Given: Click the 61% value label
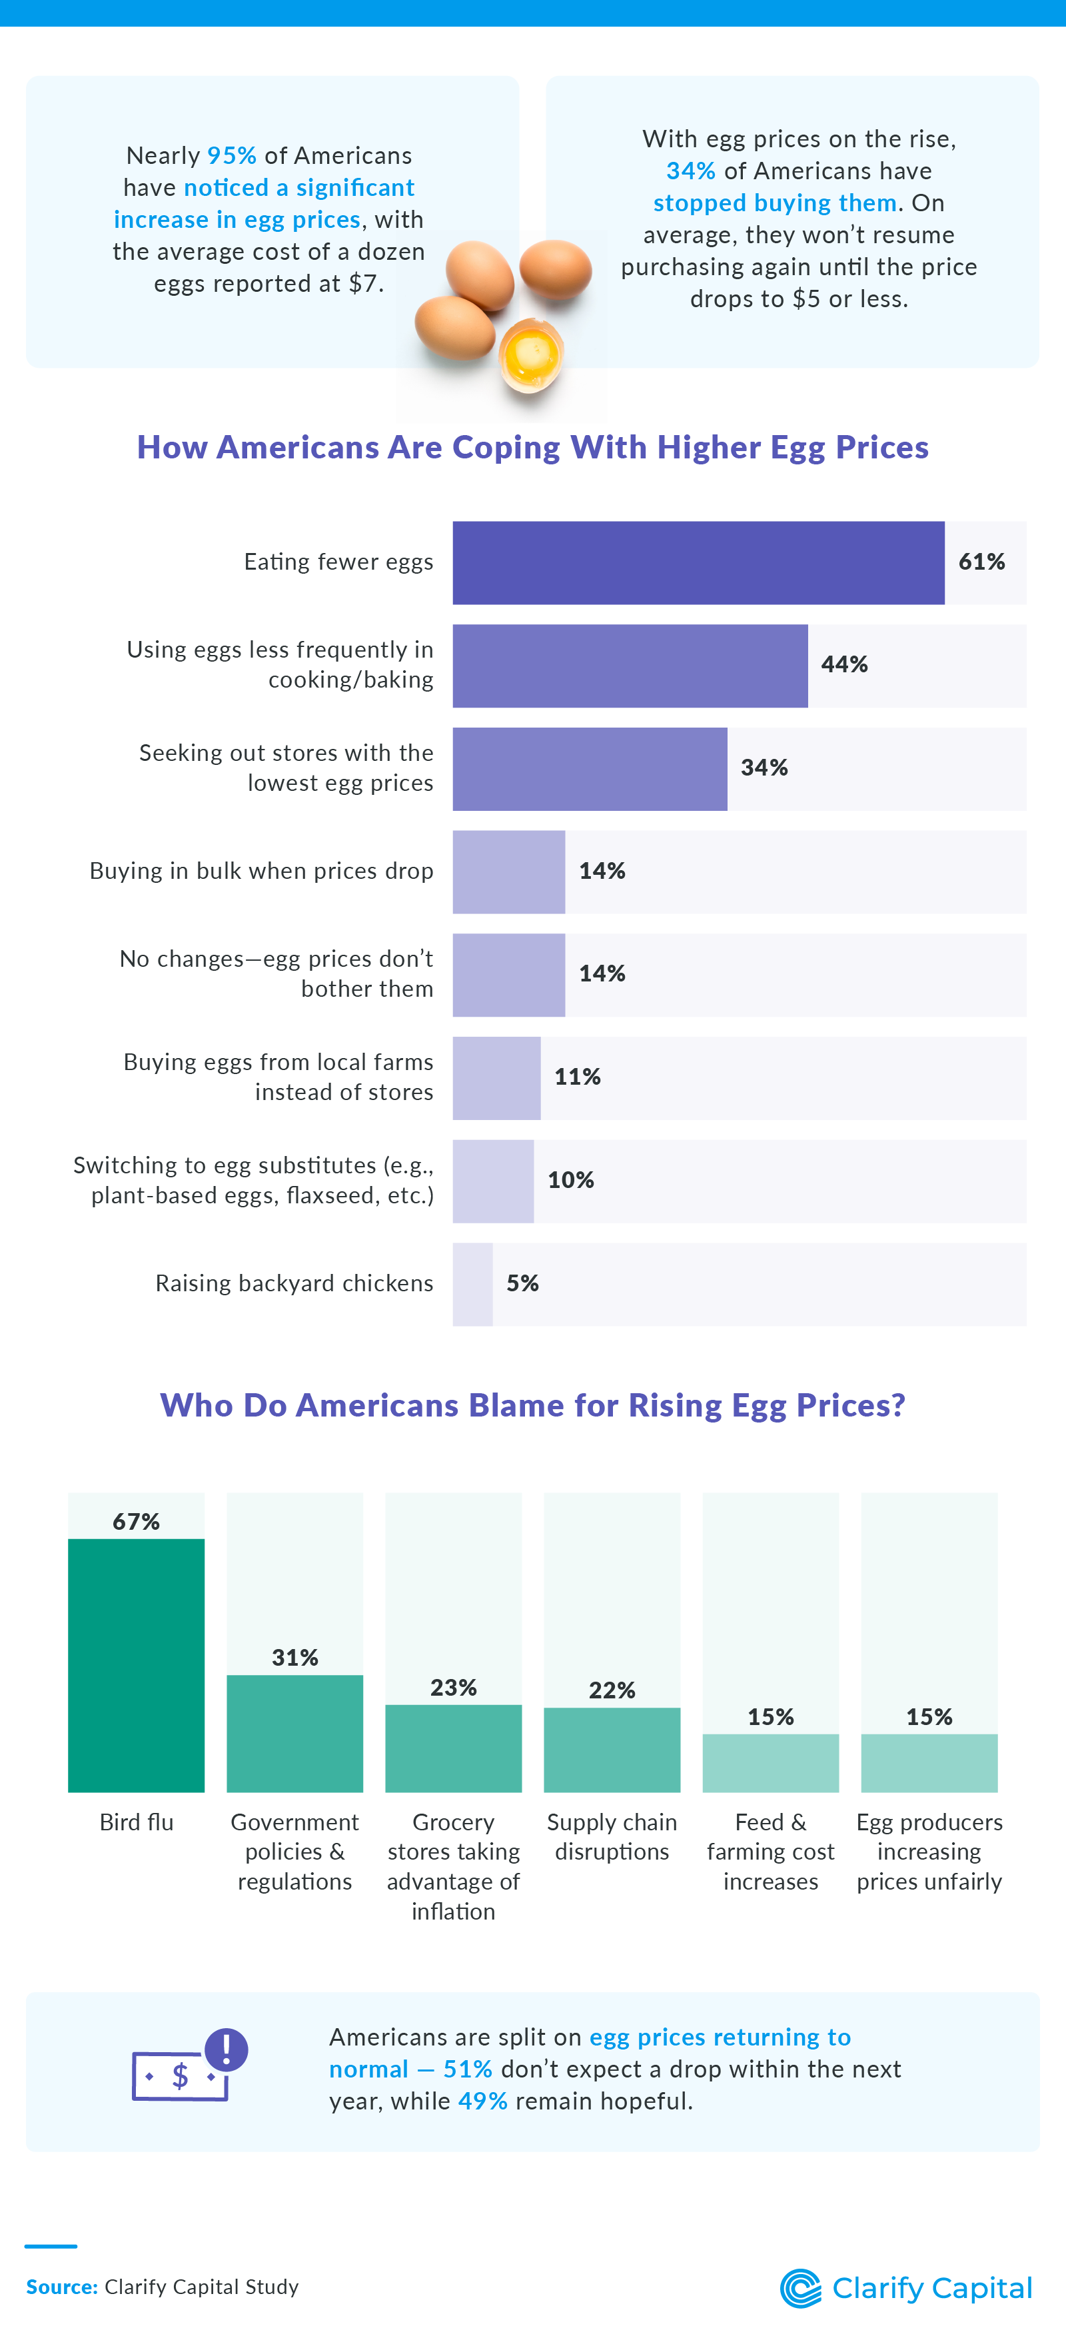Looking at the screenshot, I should click(981, 562).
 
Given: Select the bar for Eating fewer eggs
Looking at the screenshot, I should click(698, 562).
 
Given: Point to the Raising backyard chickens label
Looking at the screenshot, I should click(294, 1283).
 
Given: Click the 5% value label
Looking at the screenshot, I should click(522, 1283).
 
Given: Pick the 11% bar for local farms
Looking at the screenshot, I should click(496, 1077).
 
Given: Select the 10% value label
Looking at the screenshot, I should click(570, 1180).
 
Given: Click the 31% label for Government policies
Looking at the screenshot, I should click(294, 1658).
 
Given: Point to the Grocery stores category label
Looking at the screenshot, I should click(453, 1866).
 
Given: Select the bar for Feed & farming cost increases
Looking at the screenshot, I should click(770, 1763).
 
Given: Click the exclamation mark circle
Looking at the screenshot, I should click(227, 2049).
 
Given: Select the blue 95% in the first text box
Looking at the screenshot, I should click(232, 156).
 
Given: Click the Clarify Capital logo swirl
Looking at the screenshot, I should click(800, 2288).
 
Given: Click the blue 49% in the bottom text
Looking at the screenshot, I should click(482, 2101).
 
